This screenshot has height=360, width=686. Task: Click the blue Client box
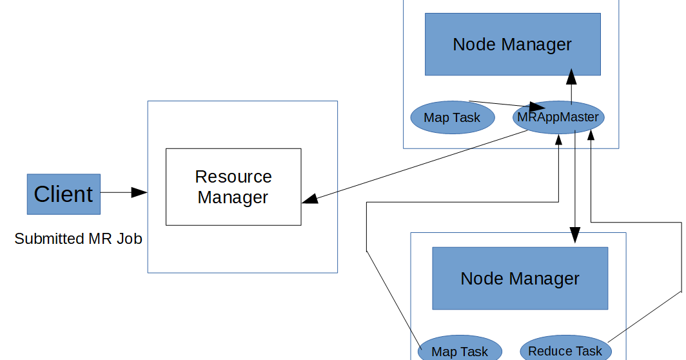(x=63, y=194)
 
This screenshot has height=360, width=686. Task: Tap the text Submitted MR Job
(x=78, y=239)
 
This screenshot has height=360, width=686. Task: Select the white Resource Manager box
(x=233, y=187)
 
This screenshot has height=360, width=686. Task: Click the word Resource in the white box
(x=233, y=177)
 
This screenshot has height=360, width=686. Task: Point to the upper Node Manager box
(x=513, y=45)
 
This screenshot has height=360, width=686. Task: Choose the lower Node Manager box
(x=520, y=279)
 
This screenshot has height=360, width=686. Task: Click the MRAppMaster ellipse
(x=558, y=117)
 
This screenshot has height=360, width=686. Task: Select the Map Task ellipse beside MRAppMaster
(x=452, y=118)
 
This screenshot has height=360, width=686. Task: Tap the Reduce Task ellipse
(x=565, y=350)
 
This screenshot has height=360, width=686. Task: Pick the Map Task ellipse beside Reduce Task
(x=460, y=351)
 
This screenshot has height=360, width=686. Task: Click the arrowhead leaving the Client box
(x=139, y=192)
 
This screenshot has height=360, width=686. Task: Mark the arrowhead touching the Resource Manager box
(x=310, y=199)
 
